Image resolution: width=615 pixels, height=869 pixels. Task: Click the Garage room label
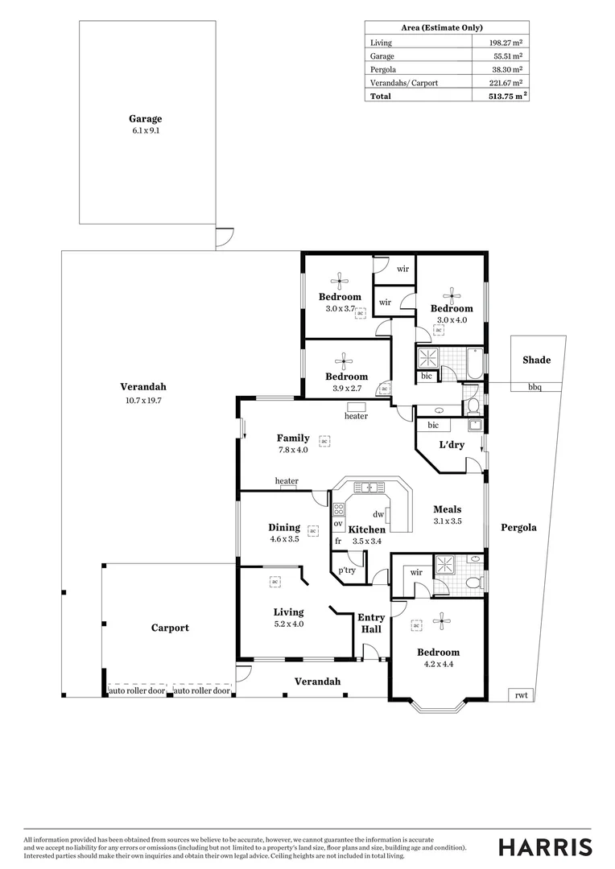(145, 119)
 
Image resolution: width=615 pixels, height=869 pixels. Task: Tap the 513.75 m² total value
(504, 97)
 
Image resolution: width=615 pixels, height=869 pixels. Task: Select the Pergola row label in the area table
(382, 69)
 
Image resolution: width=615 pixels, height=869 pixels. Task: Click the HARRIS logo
(545, 846)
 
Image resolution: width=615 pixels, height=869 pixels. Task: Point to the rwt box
(521, 696)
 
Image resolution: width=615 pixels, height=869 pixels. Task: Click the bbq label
(535, 388)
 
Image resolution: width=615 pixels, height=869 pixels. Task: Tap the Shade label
(537, 360)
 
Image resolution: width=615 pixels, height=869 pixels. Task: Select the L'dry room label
(451, 444)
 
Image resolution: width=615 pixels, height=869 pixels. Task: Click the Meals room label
(448, 509)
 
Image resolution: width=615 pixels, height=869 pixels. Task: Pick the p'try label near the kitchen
(347, 570)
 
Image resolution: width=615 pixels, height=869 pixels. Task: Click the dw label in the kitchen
(378, 514)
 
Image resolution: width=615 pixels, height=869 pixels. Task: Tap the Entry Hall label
(371, 623)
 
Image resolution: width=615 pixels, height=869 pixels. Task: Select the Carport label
(170, 628)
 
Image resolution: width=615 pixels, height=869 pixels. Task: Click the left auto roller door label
(137, 691)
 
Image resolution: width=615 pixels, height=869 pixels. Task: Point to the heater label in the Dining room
(287, 482)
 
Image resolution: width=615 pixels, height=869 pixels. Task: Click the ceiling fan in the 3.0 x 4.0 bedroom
(452, 294)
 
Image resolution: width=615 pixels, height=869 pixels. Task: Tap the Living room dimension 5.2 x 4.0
(288, 624)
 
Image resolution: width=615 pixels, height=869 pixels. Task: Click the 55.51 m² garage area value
(507, 56)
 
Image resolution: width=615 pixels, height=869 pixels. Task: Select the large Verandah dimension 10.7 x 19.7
(143, 400)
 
